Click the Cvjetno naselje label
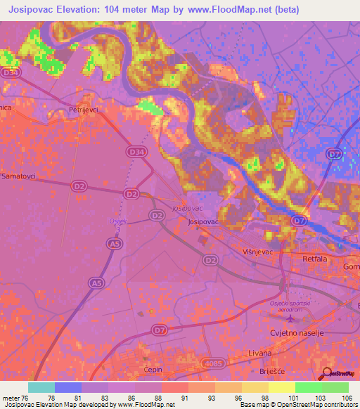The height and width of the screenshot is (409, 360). coord(297,334)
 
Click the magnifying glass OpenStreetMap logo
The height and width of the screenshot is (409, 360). coord(328,373)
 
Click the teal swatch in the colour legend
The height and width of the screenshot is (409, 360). coord(41,387)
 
